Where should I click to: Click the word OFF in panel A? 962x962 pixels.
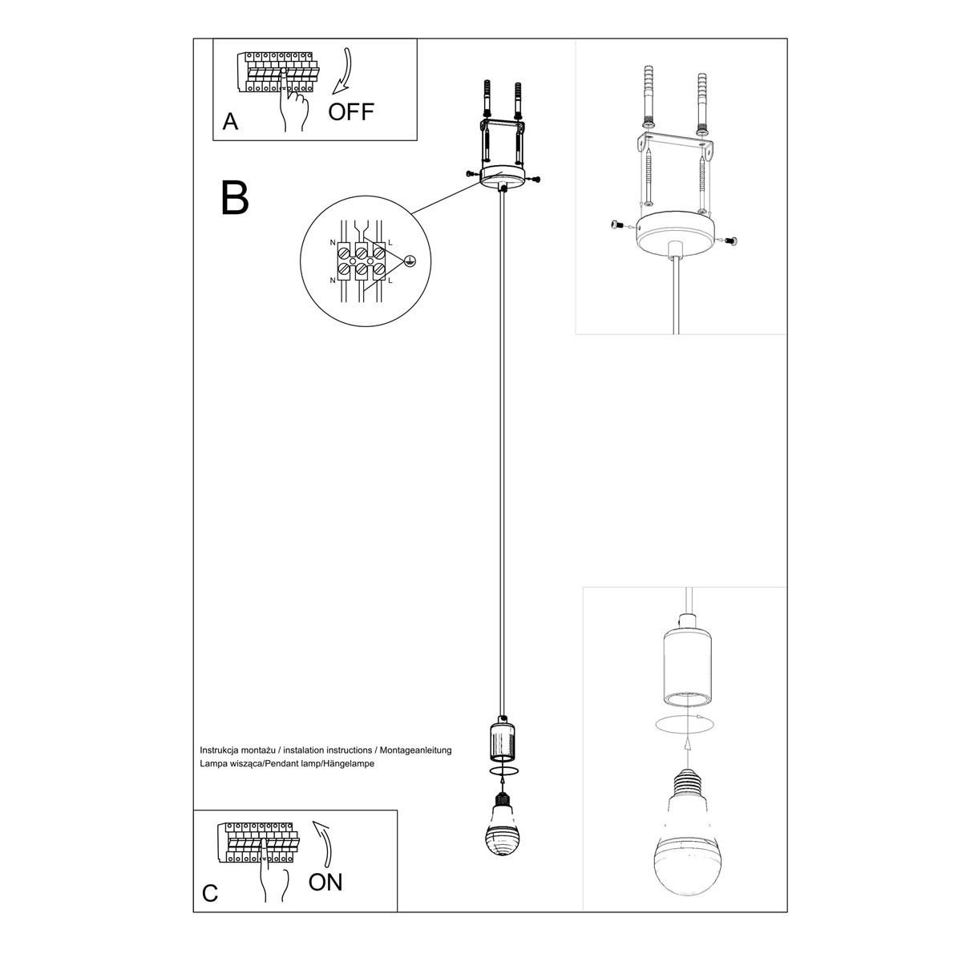(x=351, y=111)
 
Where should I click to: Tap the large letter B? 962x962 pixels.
(x=234, y=197)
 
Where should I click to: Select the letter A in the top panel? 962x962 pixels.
(x=231, y=122)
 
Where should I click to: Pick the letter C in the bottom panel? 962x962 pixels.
(x=210, y=893)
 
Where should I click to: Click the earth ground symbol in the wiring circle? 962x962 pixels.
(x=409, y=261)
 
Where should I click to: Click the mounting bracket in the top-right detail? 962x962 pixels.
(x=675, y=143)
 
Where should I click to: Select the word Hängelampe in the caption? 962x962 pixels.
(x=353, y=764)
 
